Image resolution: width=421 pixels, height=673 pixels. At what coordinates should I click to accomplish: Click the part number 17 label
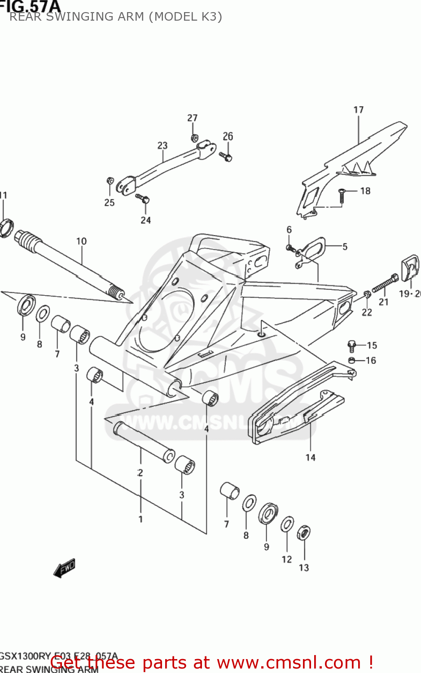coord(358,110)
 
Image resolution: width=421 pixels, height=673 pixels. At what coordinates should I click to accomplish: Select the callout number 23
coord(162,145)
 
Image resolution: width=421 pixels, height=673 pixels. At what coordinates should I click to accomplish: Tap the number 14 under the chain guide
coord(311,457)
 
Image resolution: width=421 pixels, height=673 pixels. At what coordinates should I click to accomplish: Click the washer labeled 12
coord(287,524)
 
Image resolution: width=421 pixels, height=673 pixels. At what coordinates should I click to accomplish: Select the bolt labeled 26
coord(226,157)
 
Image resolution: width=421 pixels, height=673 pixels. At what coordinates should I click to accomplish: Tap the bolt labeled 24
coord(143,199)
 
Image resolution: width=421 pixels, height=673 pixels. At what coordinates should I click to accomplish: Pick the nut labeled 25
coord(110,181)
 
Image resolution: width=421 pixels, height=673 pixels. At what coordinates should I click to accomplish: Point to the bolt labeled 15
coord(352,345)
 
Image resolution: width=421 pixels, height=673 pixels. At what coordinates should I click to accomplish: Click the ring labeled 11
coord(6,227)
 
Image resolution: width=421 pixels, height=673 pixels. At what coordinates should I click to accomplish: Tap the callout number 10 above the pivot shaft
coord(81,241)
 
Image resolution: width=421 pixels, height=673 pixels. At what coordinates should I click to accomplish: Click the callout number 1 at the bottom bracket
coord(140,519)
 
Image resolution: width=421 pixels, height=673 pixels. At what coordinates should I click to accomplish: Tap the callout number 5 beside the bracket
coord(345,246)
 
